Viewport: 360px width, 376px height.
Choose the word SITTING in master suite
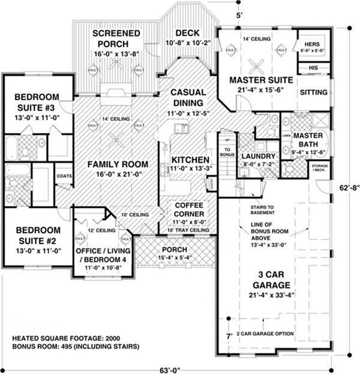[x=313, y=92]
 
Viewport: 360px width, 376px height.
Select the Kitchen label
[x=190, y=160]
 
